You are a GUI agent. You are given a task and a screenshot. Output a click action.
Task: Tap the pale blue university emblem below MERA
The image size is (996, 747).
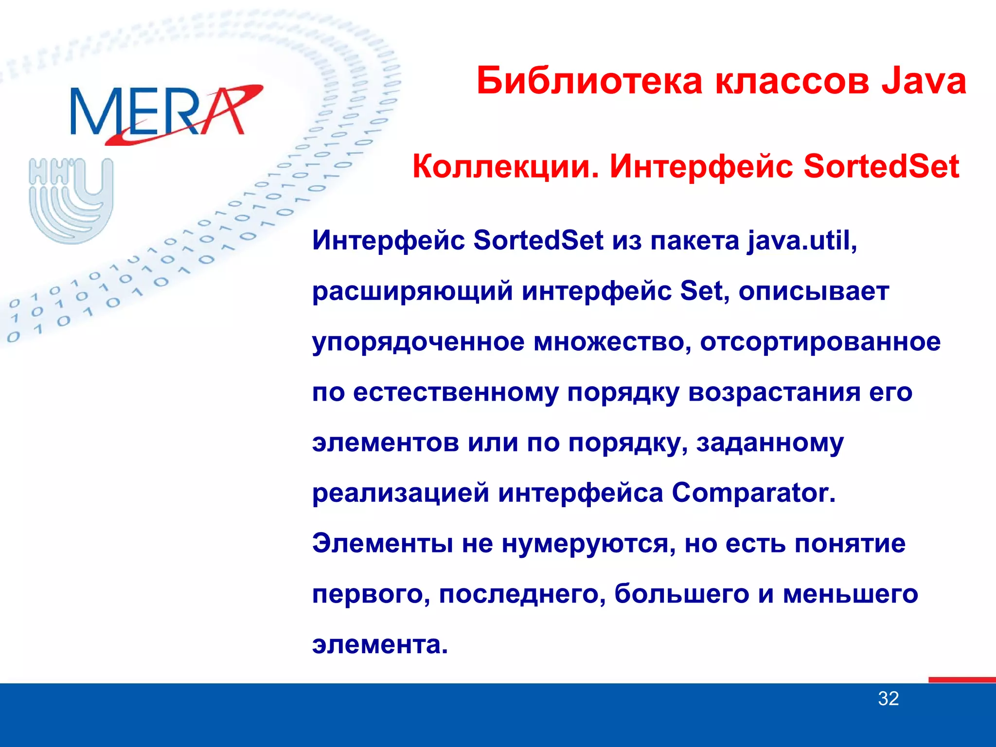click(71, 200)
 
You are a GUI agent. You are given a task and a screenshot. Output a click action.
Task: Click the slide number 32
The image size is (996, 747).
click(888, 699)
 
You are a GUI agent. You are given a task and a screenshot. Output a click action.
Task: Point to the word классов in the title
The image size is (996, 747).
click(792, 81)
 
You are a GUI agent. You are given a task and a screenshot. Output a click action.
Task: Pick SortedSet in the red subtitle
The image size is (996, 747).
click(881, 167)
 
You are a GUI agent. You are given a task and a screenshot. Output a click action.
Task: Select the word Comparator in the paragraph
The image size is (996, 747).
click(753, 493)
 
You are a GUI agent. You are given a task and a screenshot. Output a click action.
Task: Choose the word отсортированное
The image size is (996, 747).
click(820, 342)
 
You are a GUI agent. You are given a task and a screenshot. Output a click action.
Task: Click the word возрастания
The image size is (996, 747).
click(774, 392)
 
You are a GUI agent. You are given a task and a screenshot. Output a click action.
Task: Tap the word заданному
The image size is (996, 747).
click(770, 443)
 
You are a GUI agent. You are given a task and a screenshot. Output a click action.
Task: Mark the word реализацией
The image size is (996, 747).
click(400, 493)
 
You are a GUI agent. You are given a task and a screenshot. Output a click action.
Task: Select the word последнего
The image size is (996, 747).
click(522, 594)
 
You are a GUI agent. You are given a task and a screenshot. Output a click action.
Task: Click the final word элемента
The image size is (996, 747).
click(380, 644)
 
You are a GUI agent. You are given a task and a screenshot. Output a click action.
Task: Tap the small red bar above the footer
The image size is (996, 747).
click(961, 680)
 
